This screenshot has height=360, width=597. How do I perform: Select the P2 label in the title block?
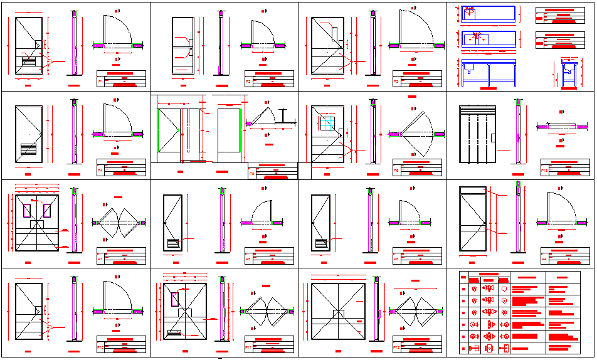[x=248, y=82]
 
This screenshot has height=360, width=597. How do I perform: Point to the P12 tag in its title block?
[x=396, y=347]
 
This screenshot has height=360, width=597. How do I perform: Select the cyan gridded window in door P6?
[x=327, y=123]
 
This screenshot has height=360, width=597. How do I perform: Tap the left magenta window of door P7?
[x=28, y=209]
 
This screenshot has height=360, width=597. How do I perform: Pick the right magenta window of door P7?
[x=48, y=209]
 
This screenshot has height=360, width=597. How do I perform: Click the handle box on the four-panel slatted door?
[x=493, y=139]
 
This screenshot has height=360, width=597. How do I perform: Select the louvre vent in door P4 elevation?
[x=28, y=149]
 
